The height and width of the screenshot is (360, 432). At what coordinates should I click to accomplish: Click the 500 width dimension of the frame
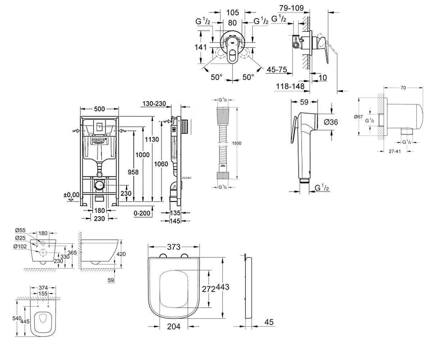(99, 109)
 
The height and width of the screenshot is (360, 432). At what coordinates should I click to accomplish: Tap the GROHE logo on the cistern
(99, 141)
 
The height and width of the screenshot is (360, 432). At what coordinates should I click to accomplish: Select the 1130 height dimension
(152, 139)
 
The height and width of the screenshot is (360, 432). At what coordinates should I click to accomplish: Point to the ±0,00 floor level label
(71, 195)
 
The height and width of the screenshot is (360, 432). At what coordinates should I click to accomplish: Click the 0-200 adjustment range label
(142, 213)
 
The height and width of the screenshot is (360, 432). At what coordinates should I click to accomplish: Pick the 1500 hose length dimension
(237, 143)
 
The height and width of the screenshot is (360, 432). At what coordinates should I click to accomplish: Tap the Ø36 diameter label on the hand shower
(331, 122)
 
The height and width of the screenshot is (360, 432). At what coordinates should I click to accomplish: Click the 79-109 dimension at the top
(291, 8)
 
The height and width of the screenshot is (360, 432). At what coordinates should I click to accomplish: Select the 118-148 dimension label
(290, 86)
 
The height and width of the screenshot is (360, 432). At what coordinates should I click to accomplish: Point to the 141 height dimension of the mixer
(201, 47)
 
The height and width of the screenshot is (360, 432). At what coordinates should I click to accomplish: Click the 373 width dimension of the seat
(174, 247)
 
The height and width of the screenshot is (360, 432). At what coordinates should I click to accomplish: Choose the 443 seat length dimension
(222, 287)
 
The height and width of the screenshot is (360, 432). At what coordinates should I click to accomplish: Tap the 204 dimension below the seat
(174, 327)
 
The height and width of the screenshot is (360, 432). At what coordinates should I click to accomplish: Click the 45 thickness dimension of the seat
(269, 322)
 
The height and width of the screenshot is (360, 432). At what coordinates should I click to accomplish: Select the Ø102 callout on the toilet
(20, 246)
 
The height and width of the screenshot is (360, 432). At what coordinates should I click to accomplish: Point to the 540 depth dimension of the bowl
(17, 318)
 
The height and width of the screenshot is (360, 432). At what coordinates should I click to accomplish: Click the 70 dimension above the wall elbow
(403, 88)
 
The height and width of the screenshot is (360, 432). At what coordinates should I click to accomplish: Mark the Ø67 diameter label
(358, 117)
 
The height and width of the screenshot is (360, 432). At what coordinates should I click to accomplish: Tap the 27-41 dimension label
(395, 151)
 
